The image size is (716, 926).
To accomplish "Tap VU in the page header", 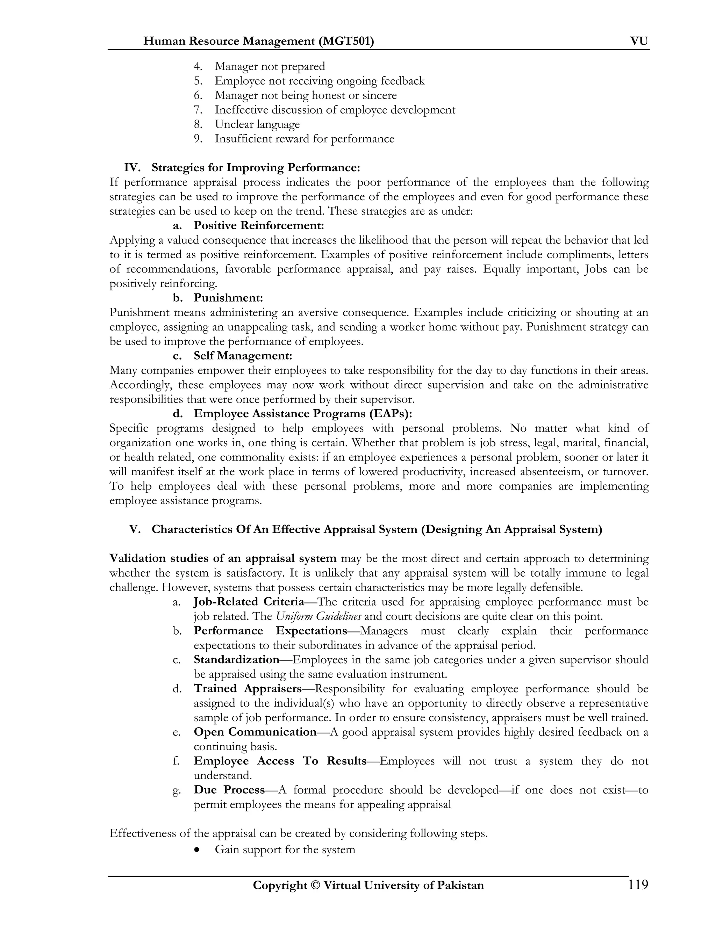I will coord(639,41).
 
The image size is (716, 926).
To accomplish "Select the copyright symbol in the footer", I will coord(314,885).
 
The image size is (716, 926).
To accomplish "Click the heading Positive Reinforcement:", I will coord(259,225).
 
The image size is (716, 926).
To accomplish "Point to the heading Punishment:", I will coord(228,298).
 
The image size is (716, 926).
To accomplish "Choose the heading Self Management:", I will coord(243,355).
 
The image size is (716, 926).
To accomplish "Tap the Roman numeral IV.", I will coord(132,167).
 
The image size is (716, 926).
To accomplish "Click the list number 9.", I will coord(198,139).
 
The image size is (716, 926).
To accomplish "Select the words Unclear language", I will coord(257,124).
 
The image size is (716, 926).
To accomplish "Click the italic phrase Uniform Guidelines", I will coord(318,616).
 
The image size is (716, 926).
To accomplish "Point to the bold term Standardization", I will coord(236,659).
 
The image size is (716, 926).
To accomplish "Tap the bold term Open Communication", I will coord(255,732).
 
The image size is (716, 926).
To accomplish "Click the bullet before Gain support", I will coord(196,850).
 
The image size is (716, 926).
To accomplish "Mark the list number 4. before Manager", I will coord(198,66).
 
